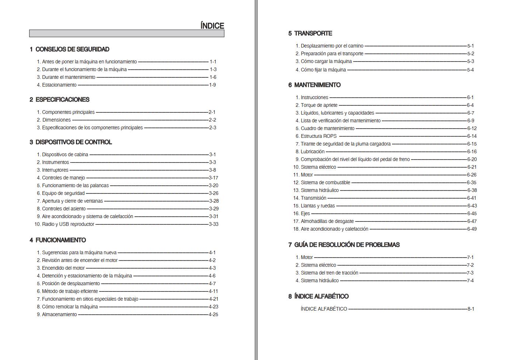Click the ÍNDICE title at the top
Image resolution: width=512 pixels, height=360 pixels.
212,26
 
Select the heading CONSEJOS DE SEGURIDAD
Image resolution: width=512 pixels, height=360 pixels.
72,49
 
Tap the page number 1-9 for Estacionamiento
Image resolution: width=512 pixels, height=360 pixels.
212,85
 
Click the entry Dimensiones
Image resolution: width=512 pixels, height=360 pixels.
56,120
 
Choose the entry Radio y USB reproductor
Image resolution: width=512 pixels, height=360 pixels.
68,224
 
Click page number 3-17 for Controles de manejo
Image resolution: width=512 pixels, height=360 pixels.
213,178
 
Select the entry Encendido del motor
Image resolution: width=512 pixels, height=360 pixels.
63,268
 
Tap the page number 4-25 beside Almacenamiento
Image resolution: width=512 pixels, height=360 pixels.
213,314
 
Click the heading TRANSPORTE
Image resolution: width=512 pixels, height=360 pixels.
313,34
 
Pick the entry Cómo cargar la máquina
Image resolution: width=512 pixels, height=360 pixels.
326,62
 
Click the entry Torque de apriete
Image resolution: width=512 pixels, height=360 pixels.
319,105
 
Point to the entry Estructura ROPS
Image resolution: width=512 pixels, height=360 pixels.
318,136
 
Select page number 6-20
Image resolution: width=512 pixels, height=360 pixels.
472,159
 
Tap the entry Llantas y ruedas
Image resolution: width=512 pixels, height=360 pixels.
317,206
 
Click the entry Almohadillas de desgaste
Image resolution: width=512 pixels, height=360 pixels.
327,221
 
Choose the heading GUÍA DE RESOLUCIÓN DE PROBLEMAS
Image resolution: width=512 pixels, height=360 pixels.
346,245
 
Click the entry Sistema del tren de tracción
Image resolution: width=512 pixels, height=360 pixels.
329,273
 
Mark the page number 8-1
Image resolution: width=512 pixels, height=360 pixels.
471,309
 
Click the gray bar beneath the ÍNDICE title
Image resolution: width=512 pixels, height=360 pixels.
126,34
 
